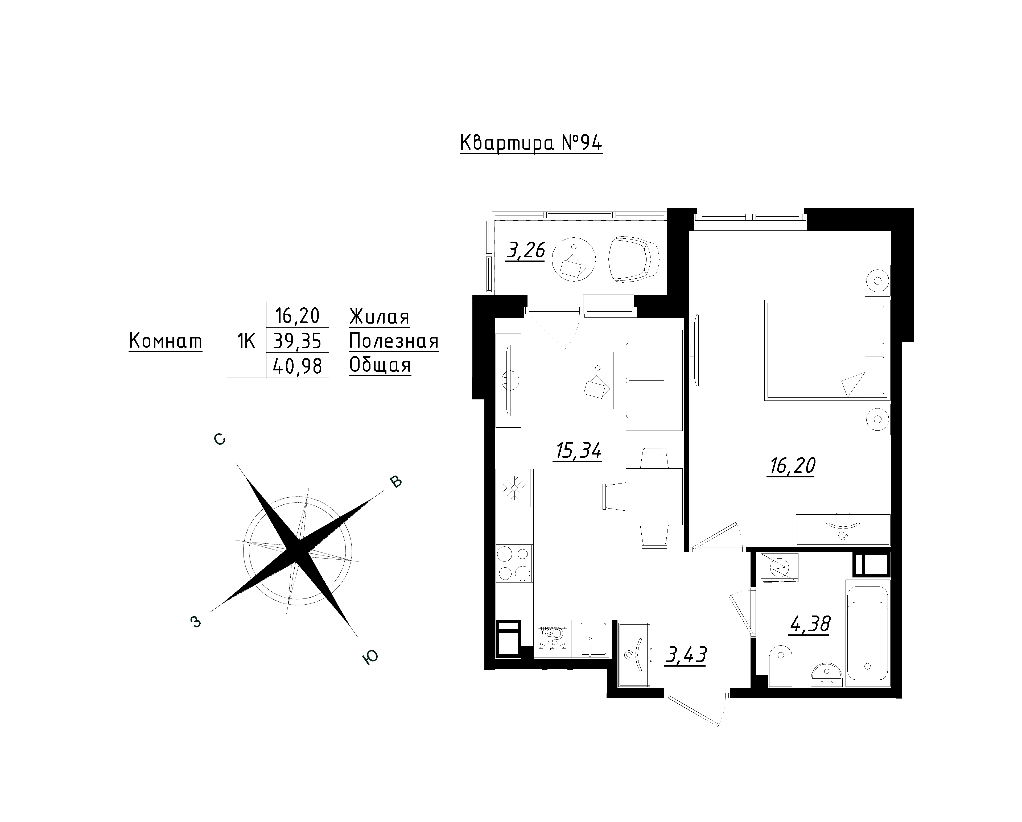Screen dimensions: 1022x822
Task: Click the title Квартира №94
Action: [531, 143]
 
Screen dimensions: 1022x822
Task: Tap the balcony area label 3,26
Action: [525, 250]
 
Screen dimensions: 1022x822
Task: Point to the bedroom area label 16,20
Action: [792, 466]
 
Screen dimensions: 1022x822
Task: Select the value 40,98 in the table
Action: [298, 365]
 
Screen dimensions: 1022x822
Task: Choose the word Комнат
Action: [166, 341]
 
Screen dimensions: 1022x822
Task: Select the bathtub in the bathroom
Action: [867, 633]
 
